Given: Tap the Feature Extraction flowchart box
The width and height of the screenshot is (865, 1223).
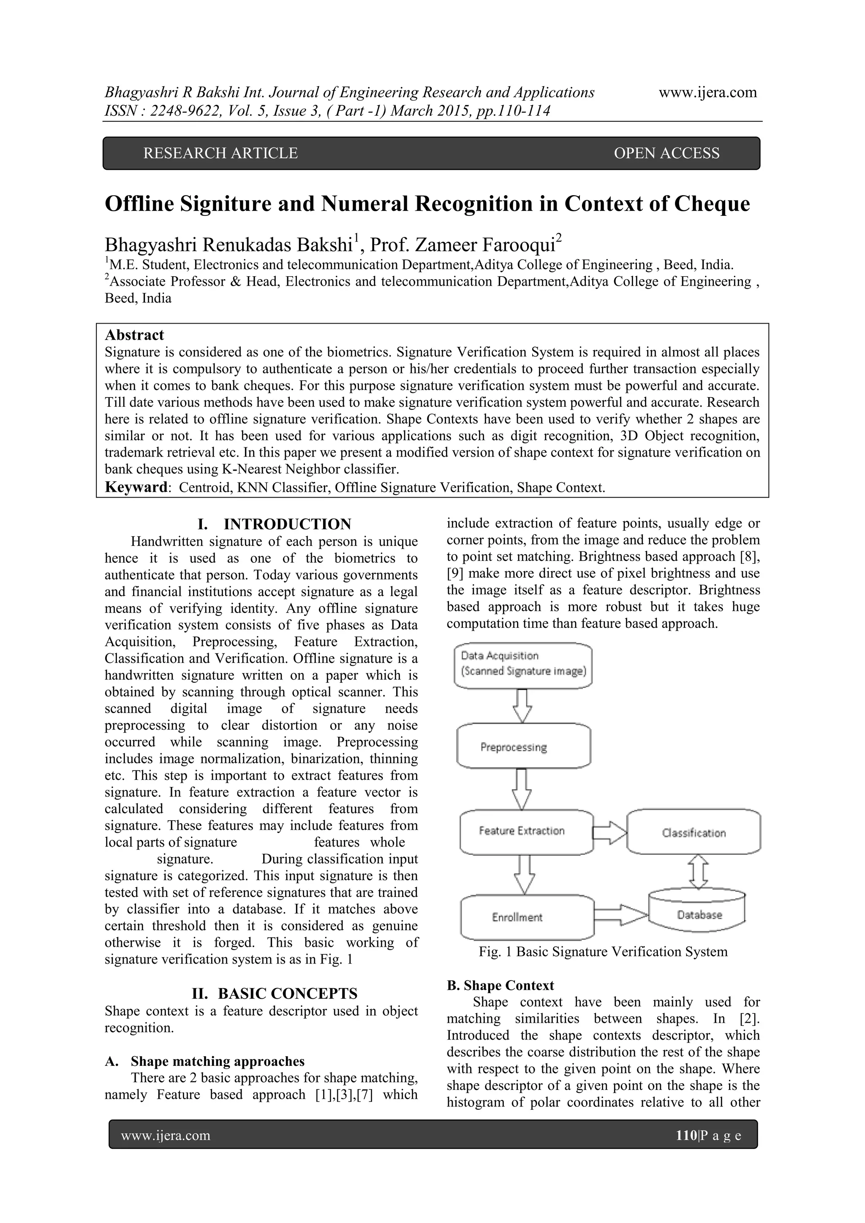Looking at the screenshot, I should click(526, 831).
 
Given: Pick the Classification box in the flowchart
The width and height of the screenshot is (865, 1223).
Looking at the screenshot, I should click(694, 833).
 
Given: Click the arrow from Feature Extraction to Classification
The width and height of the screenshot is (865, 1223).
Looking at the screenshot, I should click(610, 832).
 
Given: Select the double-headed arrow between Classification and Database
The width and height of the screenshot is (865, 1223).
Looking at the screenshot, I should click(698, 872).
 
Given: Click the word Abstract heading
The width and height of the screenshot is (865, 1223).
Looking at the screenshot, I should click(134, 335).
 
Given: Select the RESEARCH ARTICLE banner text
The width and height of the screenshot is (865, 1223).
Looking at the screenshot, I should click(220, 153).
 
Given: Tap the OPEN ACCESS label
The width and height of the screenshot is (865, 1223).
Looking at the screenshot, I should click(666, 153).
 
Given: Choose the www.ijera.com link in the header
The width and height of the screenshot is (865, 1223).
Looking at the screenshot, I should click(707, 93).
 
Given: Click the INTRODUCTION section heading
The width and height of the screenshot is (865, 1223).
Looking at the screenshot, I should click(287, 524).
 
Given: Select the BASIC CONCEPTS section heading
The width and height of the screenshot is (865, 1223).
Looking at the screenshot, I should click(288, 994).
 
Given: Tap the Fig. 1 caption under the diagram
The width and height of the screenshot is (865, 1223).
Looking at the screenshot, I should click(603, 952).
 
